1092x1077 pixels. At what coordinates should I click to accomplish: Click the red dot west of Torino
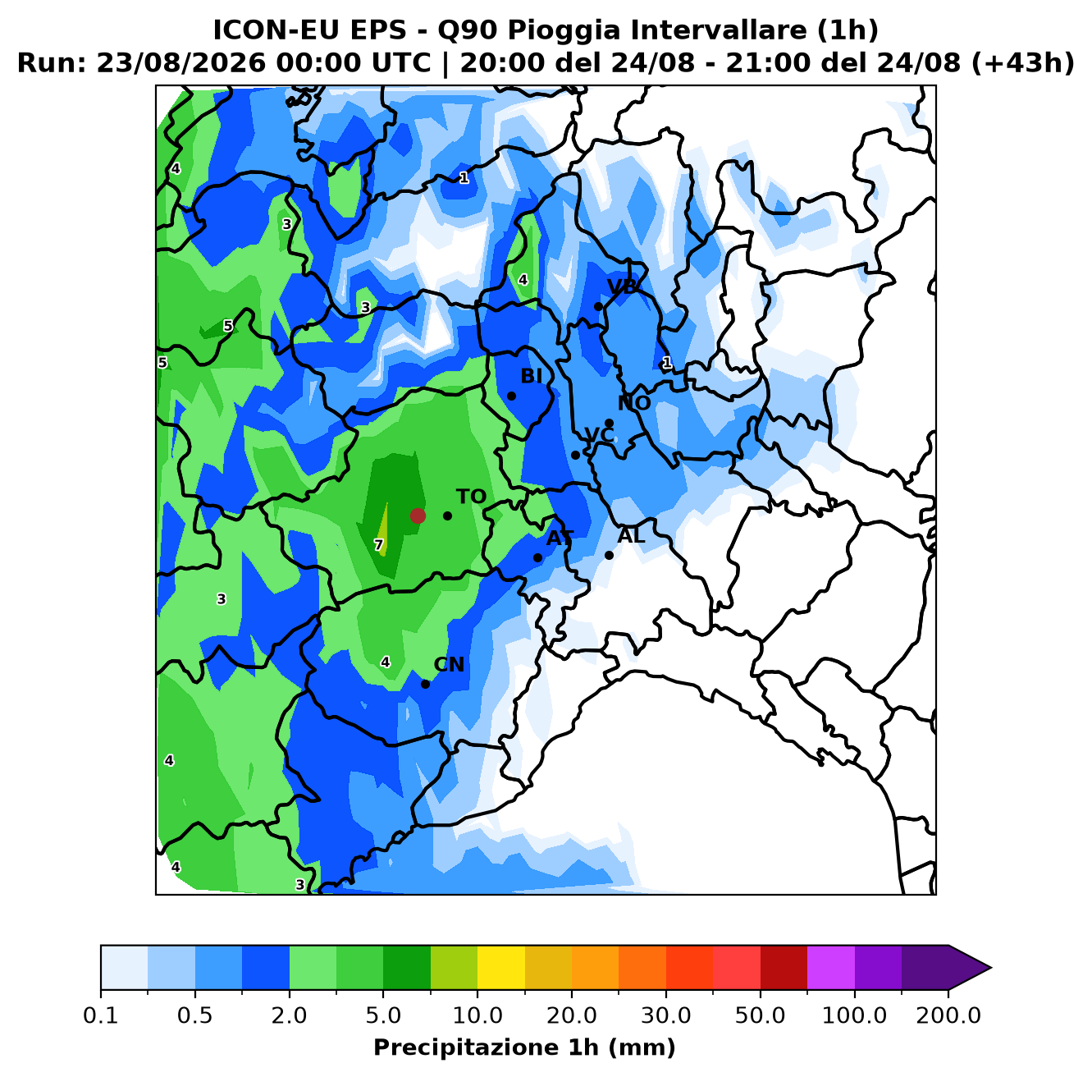(418, 516)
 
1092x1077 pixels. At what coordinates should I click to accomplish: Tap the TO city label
(472, 497)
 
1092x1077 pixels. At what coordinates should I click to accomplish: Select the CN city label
(449, 665)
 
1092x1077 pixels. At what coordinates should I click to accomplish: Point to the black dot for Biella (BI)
(511, 396)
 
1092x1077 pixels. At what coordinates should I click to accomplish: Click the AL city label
(631, 535)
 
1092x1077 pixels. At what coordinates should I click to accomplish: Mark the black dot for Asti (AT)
(537, 557)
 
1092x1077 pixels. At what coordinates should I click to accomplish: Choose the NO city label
(634, 403)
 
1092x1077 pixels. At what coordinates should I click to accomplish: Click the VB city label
(622, 287)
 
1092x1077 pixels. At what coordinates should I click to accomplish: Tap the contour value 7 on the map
(378, 545)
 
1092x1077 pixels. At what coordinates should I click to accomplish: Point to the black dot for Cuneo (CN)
(425, 684)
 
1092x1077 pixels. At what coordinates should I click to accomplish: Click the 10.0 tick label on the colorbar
(477, 1015)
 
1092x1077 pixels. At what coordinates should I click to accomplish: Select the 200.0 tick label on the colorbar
(948, 1015)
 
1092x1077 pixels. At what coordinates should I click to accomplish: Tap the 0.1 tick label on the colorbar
(101, 1015)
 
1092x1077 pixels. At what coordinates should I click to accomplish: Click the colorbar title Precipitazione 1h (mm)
(524, 1047)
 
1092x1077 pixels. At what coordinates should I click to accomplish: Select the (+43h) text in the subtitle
(1023, 63)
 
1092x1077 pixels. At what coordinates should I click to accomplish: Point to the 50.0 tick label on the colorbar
(760, 1015)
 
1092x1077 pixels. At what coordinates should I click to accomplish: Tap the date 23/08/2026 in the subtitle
(180, 63)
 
